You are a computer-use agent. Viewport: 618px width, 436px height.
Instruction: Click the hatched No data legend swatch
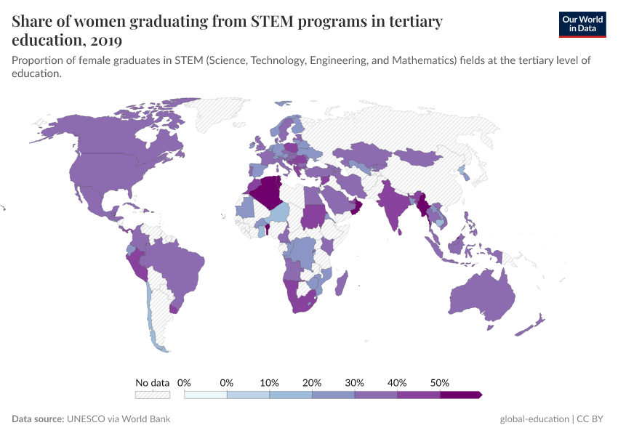[x=153, y=395]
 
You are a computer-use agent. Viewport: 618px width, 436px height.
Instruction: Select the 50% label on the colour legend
[x=440, y=382]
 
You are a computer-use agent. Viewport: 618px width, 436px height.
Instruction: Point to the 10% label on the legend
[x=270, y=382]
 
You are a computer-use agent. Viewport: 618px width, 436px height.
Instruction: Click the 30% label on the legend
[x=355, y=382]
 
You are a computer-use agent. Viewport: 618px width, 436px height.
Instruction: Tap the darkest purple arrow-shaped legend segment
[x=460, y=395]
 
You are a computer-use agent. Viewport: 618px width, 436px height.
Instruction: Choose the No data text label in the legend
[x=153, y=382]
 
